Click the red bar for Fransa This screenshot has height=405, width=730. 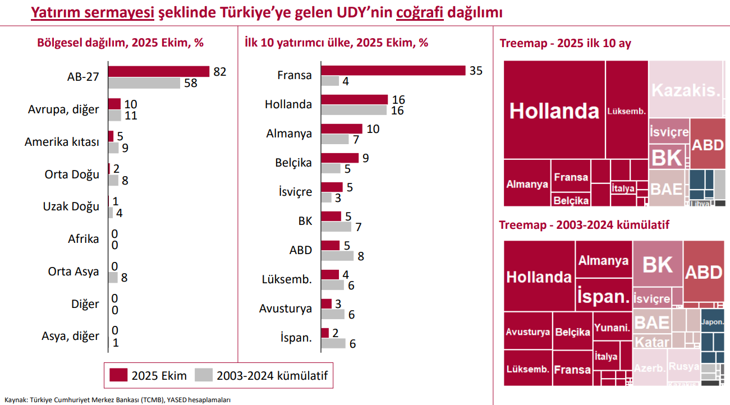393,71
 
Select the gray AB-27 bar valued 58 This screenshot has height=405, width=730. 144,83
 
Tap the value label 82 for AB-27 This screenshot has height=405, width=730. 219,71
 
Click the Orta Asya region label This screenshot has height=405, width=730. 74,271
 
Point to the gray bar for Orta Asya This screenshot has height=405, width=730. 113,277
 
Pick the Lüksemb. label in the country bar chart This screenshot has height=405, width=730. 287,279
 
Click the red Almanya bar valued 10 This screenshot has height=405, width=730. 342,129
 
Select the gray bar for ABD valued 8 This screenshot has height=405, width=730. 337,256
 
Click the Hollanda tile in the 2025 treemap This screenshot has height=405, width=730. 554,110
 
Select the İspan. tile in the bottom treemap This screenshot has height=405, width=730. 603,296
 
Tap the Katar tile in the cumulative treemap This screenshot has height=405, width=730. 652,342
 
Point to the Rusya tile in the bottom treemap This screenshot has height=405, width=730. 684,366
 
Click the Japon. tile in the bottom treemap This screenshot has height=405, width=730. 712,322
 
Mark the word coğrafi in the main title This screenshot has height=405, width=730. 420,12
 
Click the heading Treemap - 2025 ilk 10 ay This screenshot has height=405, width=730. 565,43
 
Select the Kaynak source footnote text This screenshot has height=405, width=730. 118,399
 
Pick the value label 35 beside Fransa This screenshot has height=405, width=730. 476,71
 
